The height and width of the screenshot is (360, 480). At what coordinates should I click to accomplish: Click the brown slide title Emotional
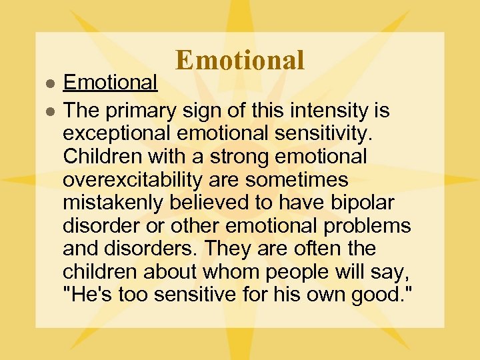tap(240, 60)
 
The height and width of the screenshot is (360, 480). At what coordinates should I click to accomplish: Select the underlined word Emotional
tap(110, 82)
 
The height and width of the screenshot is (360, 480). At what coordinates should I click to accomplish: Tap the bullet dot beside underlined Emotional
tap(49, 83)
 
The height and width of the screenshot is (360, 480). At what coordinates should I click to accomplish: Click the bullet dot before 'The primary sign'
tap(49, 111)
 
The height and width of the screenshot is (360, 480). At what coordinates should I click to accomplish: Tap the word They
tap(227, 249)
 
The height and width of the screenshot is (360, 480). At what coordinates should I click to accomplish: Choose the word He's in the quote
tap(88, 295)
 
